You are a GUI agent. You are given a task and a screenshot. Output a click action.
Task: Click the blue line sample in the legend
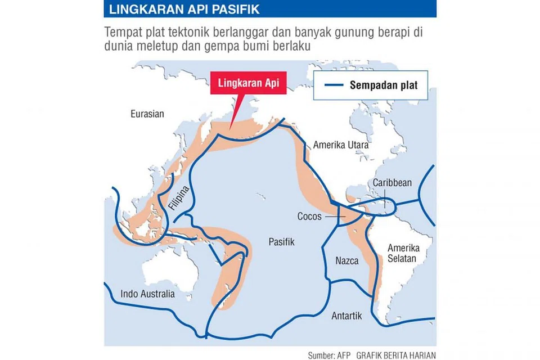pos(334,85)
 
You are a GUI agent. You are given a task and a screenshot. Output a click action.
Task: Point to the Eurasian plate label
pos(147,114)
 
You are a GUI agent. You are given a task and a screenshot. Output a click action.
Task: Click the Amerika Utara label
pos(341,145)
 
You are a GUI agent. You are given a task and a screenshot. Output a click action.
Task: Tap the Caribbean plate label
pos(393,183)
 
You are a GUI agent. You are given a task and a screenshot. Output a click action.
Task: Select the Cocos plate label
pos(309,216)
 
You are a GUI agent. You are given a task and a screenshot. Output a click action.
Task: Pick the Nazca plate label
pos(347,261)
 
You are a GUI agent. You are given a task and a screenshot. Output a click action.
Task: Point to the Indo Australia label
pos(147,294)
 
